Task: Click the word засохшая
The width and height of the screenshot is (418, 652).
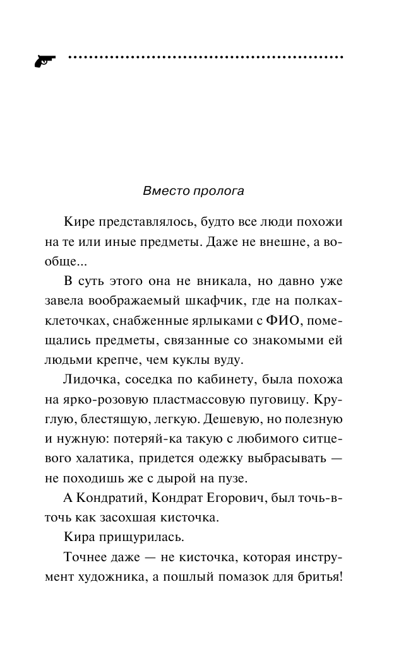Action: (x=141, y=518)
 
